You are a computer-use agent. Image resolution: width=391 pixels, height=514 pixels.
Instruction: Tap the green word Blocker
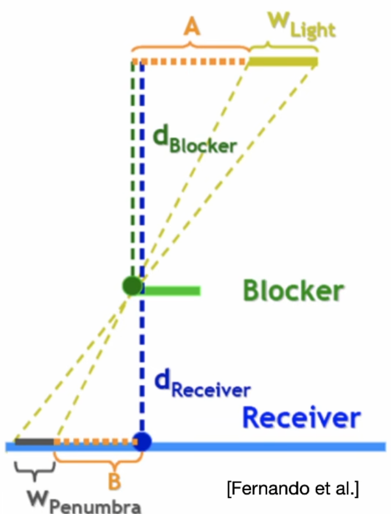(293, 291)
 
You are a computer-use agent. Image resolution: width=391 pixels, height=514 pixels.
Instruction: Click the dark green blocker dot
(132, 285)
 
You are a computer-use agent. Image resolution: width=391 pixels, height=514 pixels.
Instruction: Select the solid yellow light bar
(283, 61)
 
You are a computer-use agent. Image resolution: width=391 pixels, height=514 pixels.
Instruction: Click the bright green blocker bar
(171, 291)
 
